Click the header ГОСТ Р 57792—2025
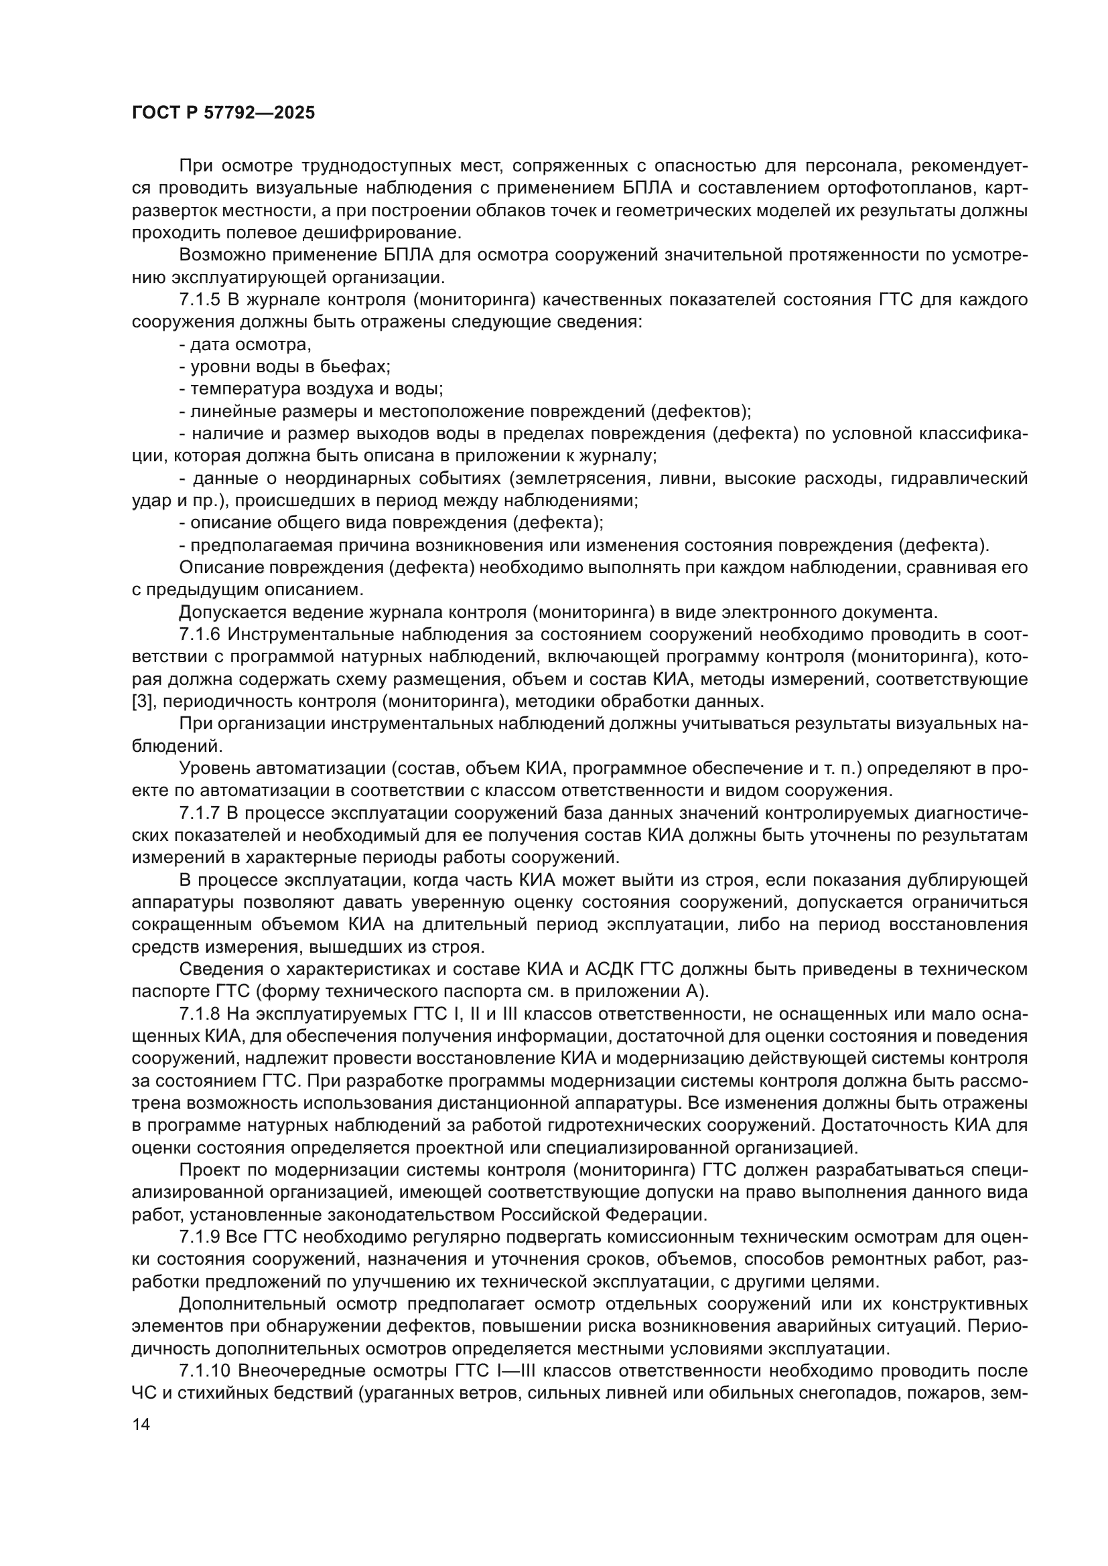(x=223, y=113)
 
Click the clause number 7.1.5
(x=199, y=300)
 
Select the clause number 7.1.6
(x=199, y=635)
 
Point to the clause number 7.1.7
(x=199, y=813)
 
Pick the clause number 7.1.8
(x=199, y=1014)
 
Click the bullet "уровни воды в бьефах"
(x=285, y=367)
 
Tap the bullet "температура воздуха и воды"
(x=311, y=390)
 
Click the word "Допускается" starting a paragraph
(x=226, y=613)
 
